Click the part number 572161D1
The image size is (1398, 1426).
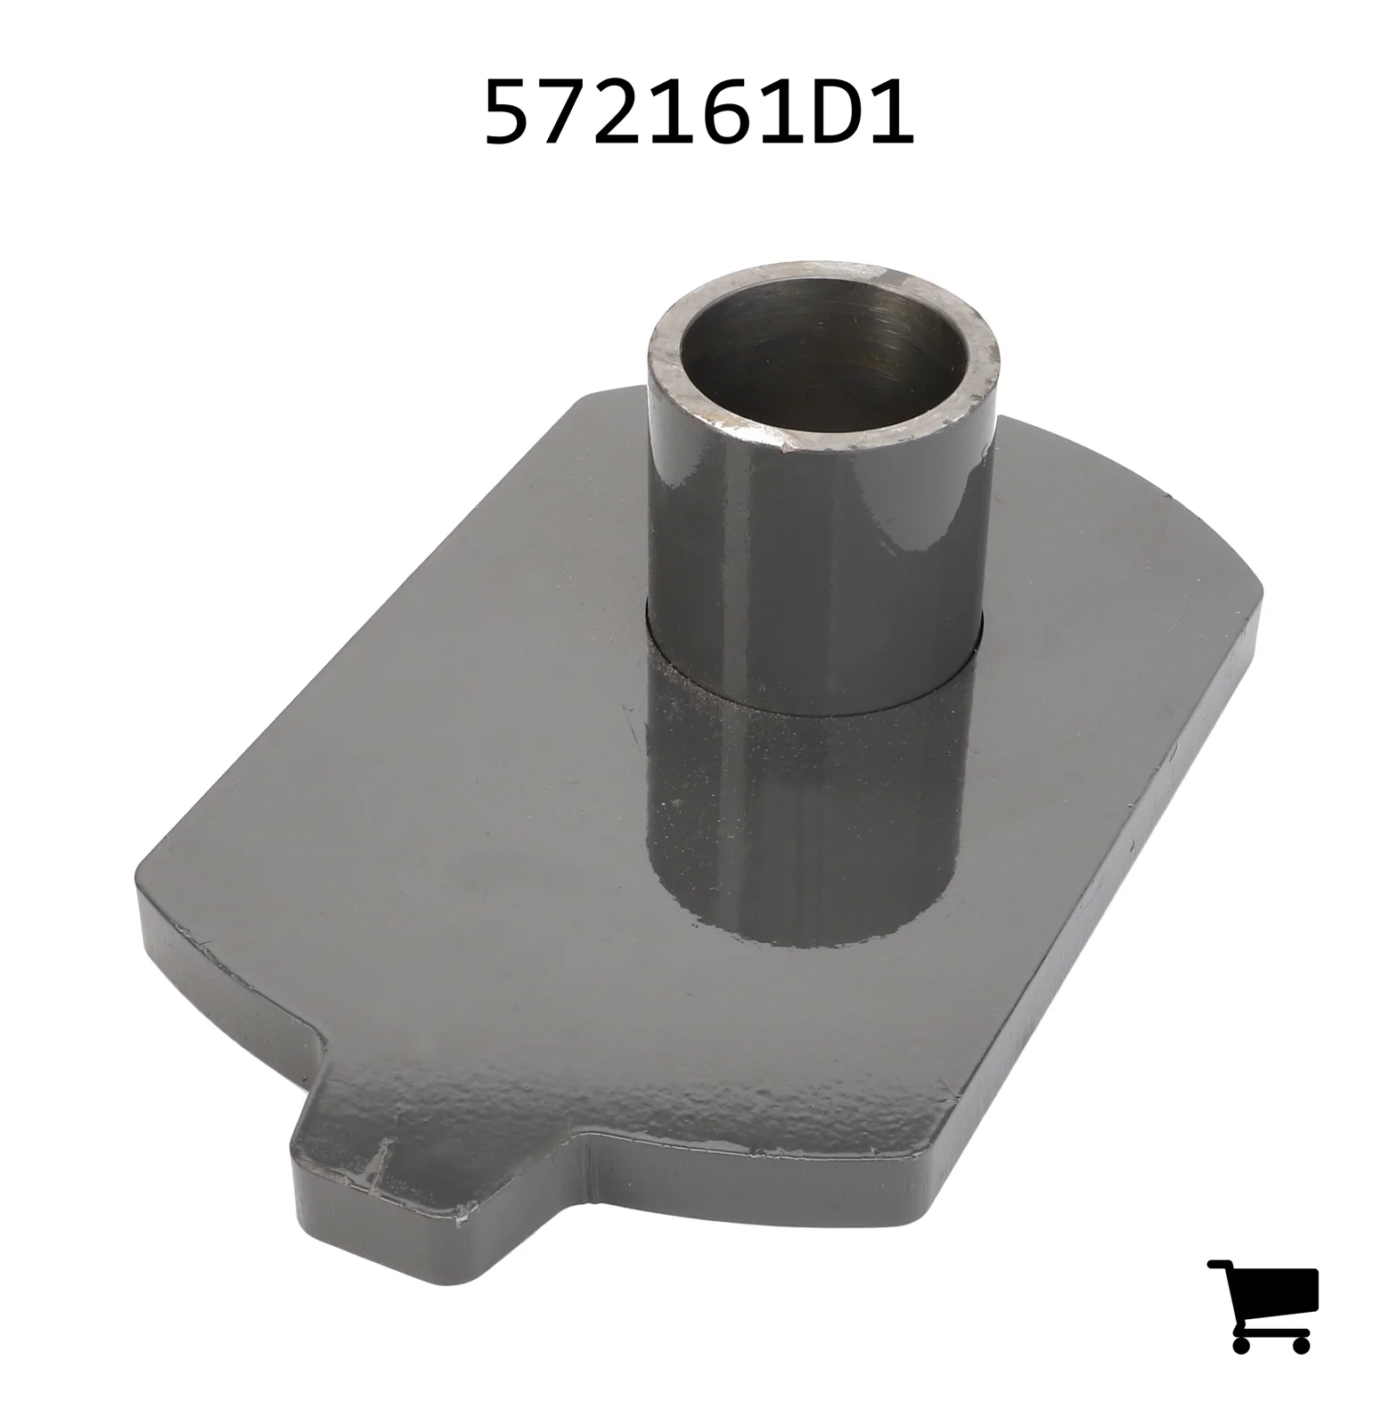click(699, 111)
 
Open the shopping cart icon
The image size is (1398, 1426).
click(1263, 1306)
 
